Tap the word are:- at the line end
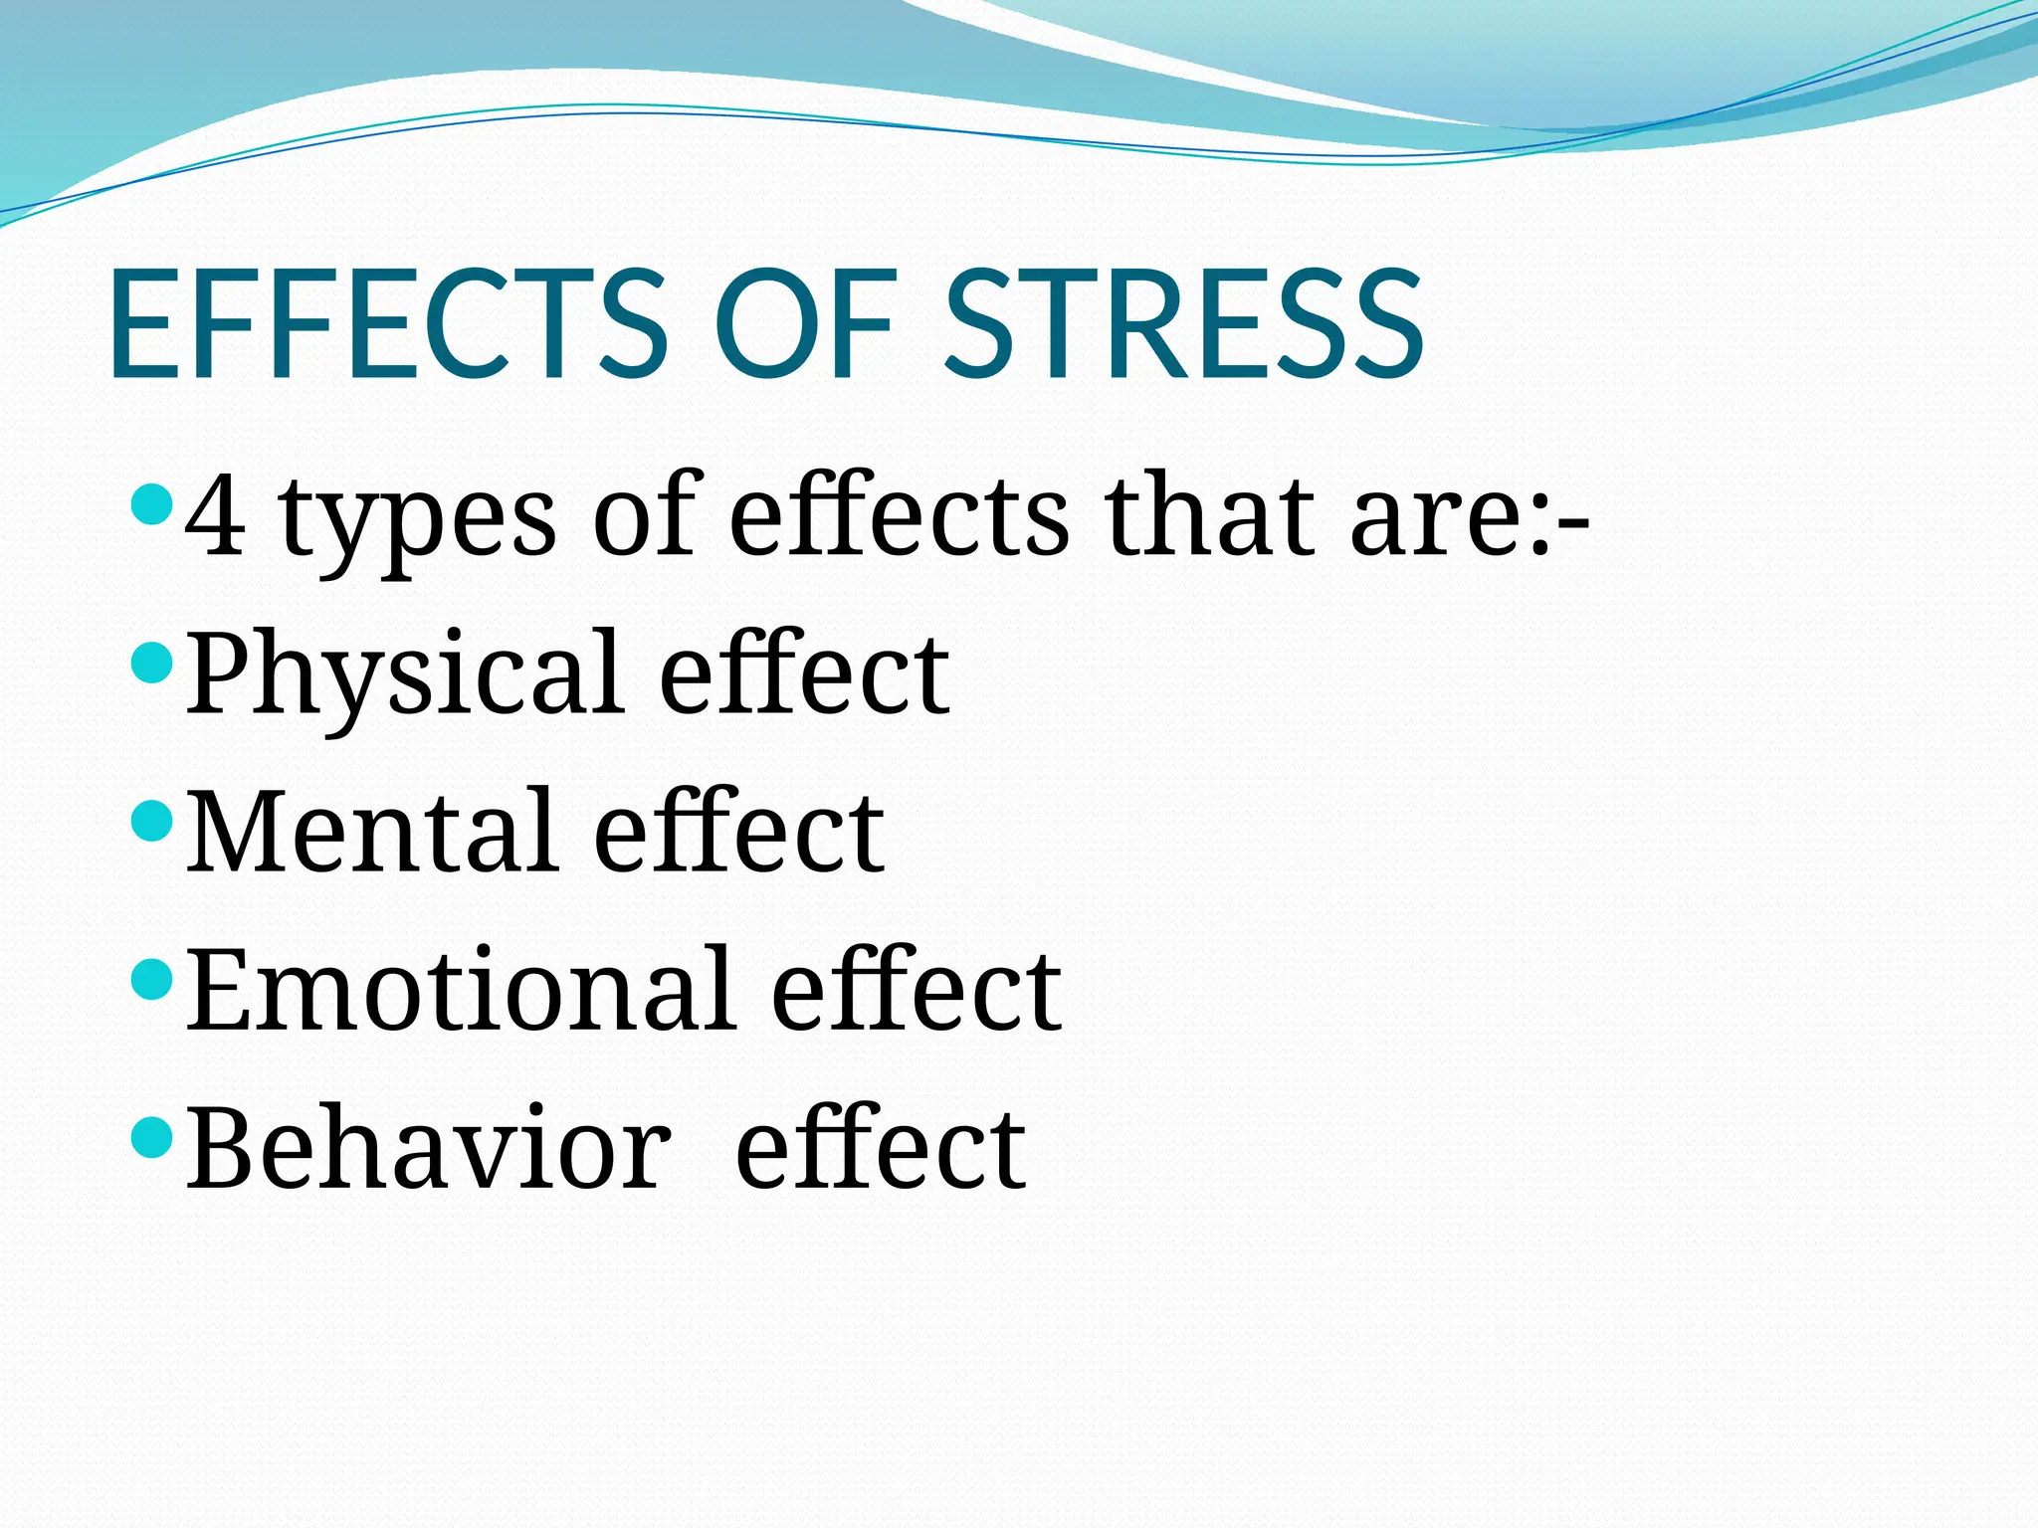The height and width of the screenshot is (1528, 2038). tap(1469, 517)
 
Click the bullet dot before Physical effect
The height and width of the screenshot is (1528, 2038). tap(152, 663)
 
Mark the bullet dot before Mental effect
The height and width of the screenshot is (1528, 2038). tap(152, 821)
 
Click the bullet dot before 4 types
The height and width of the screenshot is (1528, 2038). tap(152, 504)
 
